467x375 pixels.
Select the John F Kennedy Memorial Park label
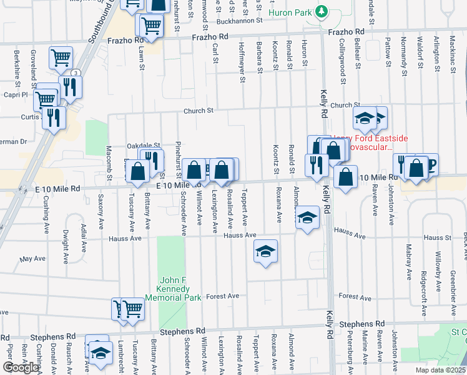pos(173,289)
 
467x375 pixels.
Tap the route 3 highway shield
pos(75,73)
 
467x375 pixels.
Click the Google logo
pos(21,367)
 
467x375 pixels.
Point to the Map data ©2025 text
pos(440,370)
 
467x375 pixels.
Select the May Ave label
pos(30,259)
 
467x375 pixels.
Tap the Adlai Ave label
pos(82,231)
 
